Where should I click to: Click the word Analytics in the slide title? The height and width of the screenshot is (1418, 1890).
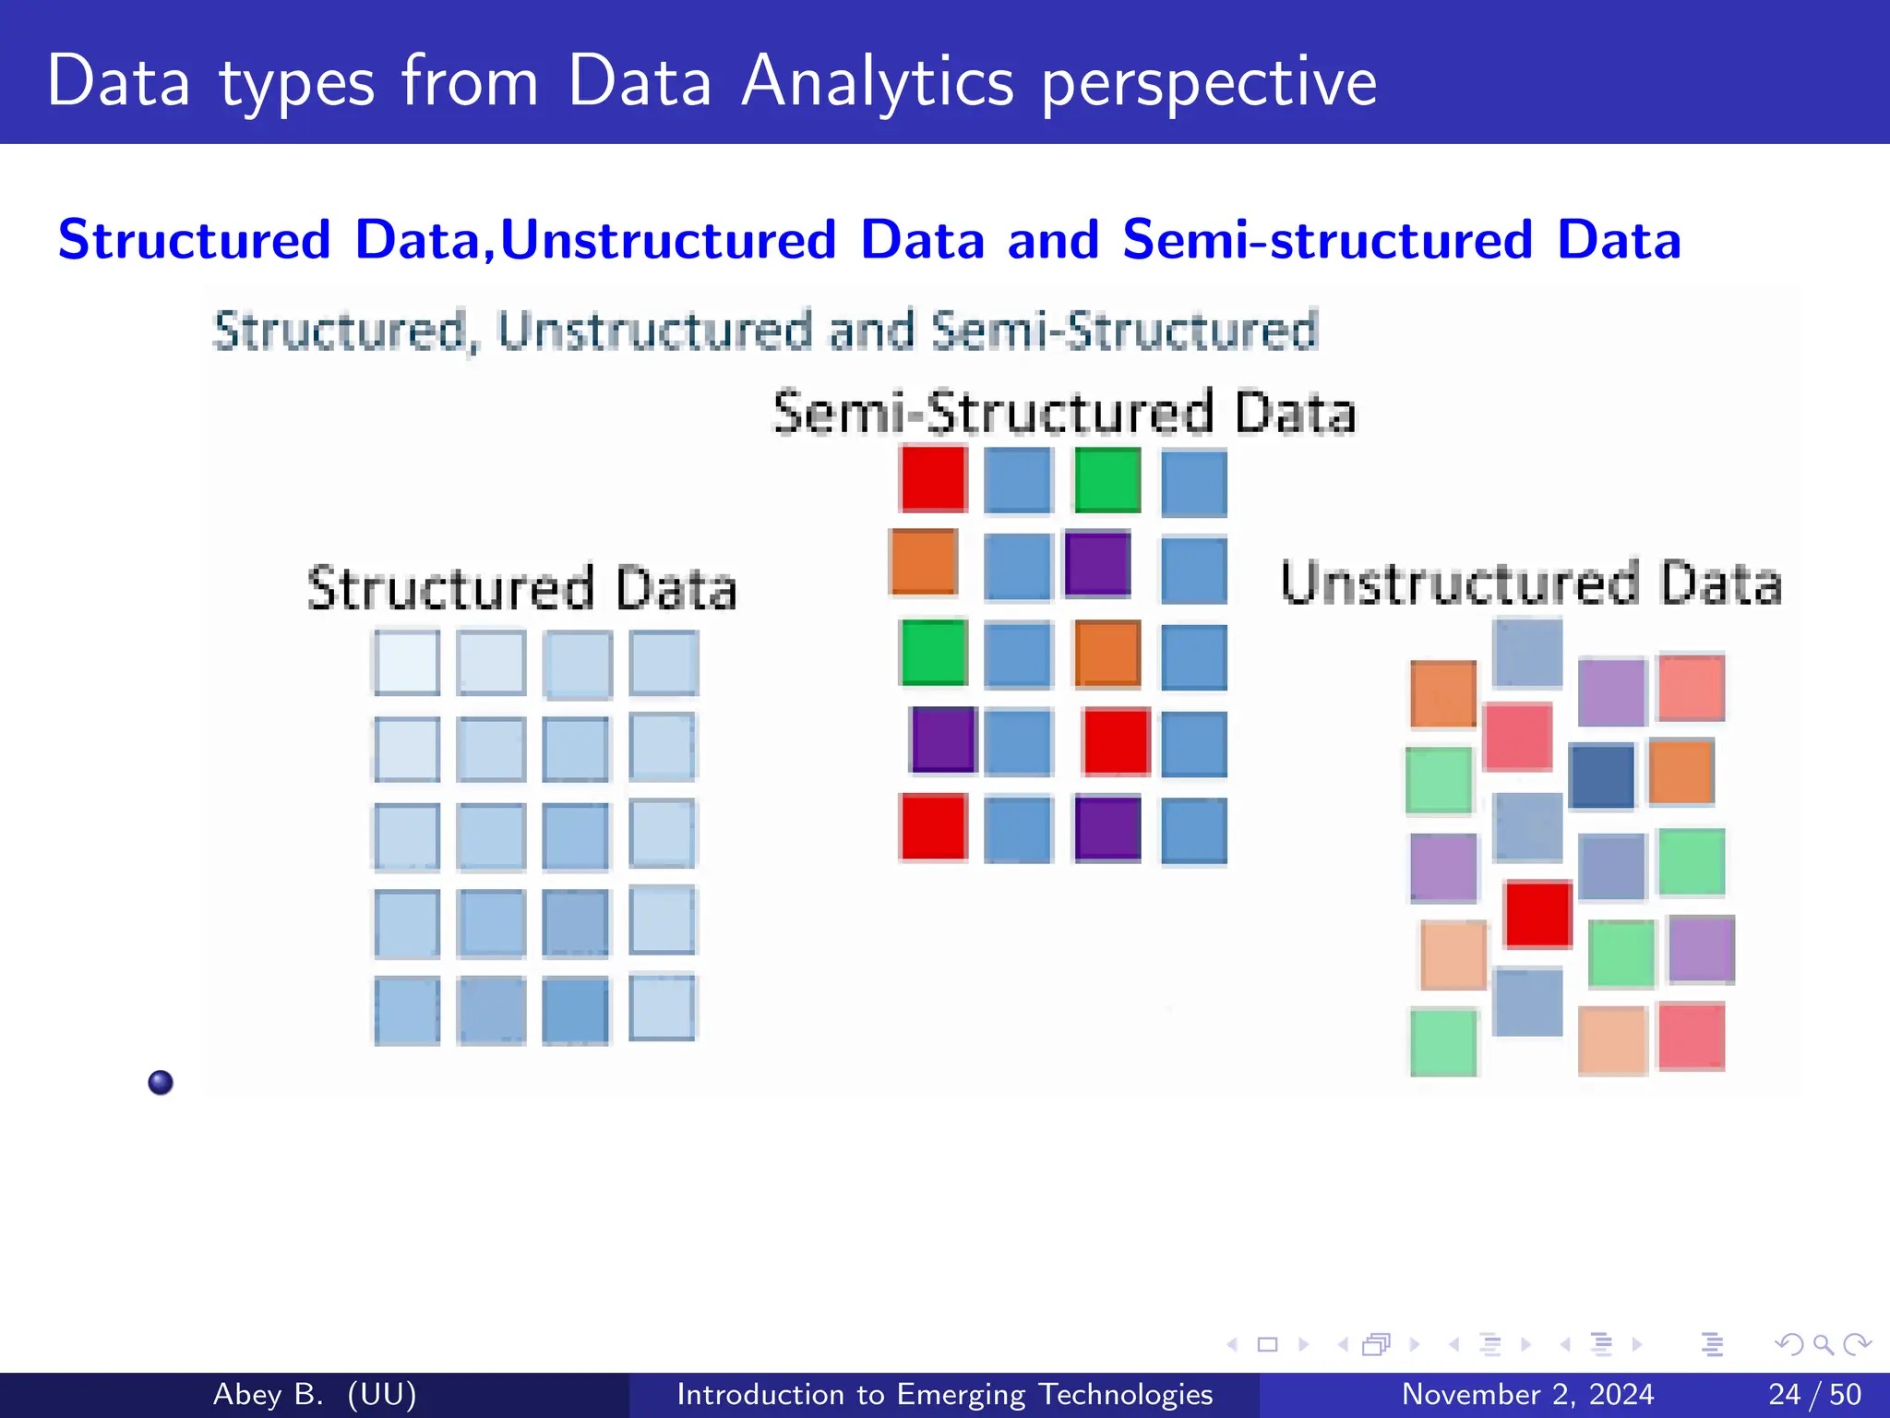pos(878,81)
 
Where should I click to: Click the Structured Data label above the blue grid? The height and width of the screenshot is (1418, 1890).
pos(521,588)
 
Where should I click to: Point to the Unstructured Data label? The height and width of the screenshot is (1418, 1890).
pos(1531,583)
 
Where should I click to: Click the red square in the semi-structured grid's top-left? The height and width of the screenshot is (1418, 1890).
pos(933,478)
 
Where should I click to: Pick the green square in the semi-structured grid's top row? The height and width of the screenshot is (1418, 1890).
pos(1107,479)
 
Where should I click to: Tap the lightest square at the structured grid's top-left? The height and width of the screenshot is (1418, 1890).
pos(406,662)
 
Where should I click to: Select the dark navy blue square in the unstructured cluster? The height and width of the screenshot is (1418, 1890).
pos(1601,775)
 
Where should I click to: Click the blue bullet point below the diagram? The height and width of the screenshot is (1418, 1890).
pos(161,1082)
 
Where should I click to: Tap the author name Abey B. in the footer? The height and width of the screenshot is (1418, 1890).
pos(268,1394)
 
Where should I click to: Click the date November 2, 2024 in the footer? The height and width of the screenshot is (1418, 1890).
pos(1527,1394)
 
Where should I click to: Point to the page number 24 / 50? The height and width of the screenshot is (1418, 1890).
pos(1814,1394)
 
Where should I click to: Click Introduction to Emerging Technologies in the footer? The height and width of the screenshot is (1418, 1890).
pos(944,1394)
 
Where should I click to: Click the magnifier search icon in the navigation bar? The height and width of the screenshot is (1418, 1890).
pos(1823,1344)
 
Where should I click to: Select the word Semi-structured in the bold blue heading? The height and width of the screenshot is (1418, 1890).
pos(1327,239)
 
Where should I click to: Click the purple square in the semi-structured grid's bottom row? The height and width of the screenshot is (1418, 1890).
pos(1107,828)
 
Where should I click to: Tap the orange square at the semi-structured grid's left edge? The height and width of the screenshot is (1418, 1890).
pos(923,561)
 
